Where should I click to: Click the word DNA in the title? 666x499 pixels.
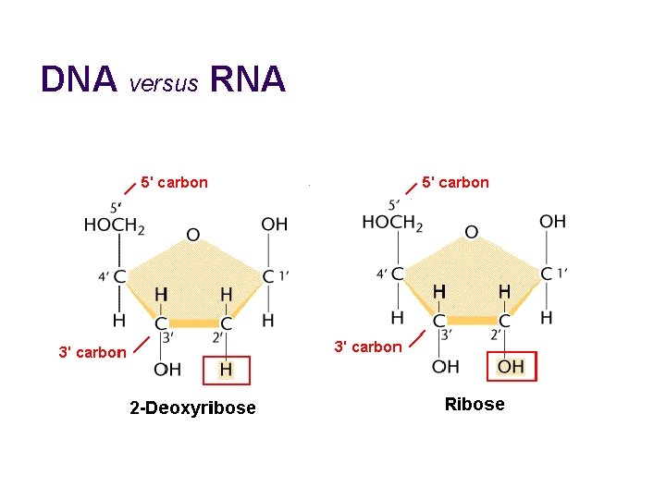79,80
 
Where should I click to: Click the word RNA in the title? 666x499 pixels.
248,80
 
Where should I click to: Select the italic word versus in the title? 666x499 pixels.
165,84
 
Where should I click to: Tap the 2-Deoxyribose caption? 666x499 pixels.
192,408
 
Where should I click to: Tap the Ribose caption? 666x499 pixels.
475,404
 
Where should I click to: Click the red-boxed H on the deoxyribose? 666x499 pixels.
226,370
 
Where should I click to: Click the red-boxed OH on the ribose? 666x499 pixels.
511,367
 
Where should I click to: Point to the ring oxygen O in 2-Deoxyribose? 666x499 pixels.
192,234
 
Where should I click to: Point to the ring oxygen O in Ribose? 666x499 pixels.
471,231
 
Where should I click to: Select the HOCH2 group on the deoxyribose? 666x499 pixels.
114,225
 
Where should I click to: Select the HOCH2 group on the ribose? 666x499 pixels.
392,223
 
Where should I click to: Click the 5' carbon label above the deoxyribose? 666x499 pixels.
174,182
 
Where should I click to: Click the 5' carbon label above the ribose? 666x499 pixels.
455,182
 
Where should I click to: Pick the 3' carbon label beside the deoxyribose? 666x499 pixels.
92,352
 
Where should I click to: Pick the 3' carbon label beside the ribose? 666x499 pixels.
367,347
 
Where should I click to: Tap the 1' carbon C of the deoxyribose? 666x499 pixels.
268,275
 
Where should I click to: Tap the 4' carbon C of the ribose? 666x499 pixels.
397,274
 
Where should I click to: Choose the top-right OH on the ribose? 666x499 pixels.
552,221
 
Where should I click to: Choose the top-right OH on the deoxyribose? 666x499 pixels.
274,224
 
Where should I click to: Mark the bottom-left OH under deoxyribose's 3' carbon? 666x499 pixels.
167,370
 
